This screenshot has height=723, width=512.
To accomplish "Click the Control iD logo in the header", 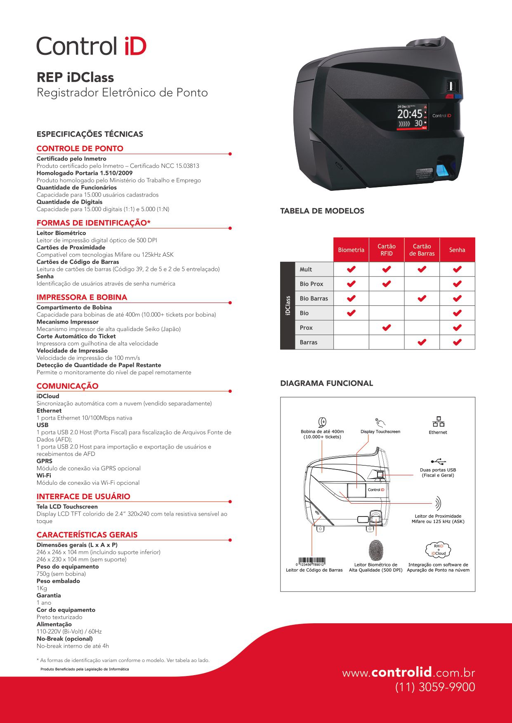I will [91, 46].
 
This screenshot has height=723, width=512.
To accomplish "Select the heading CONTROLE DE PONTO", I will [80, 148].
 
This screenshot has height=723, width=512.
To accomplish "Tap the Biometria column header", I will [351, 250].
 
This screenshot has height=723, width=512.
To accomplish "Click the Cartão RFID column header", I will [386, 250].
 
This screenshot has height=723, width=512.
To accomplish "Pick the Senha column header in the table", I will [457, 250].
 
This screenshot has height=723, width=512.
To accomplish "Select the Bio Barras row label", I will [314, 298].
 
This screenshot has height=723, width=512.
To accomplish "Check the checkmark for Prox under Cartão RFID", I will [386, 328].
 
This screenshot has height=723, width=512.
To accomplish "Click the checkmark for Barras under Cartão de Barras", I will [422, 342].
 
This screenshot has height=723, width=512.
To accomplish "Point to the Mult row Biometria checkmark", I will [351, 269].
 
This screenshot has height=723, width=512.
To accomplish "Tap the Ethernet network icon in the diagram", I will [438, 422].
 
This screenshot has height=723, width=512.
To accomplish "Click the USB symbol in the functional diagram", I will [438, 461].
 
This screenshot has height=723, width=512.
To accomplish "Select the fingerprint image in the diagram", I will [376, 549].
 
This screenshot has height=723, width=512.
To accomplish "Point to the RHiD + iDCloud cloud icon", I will [438, 549].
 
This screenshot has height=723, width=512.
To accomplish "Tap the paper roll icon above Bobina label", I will [323, 422].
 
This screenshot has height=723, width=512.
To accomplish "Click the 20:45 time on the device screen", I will [410, 114].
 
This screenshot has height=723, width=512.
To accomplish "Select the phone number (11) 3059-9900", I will [435, 687].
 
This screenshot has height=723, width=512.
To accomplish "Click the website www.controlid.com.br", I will [408, 673].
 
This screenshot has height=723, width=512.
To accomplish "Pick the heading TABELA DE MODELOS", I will [322, 211].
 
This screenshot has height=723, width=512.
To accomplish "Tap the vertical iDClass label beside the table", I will [288, 305].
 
